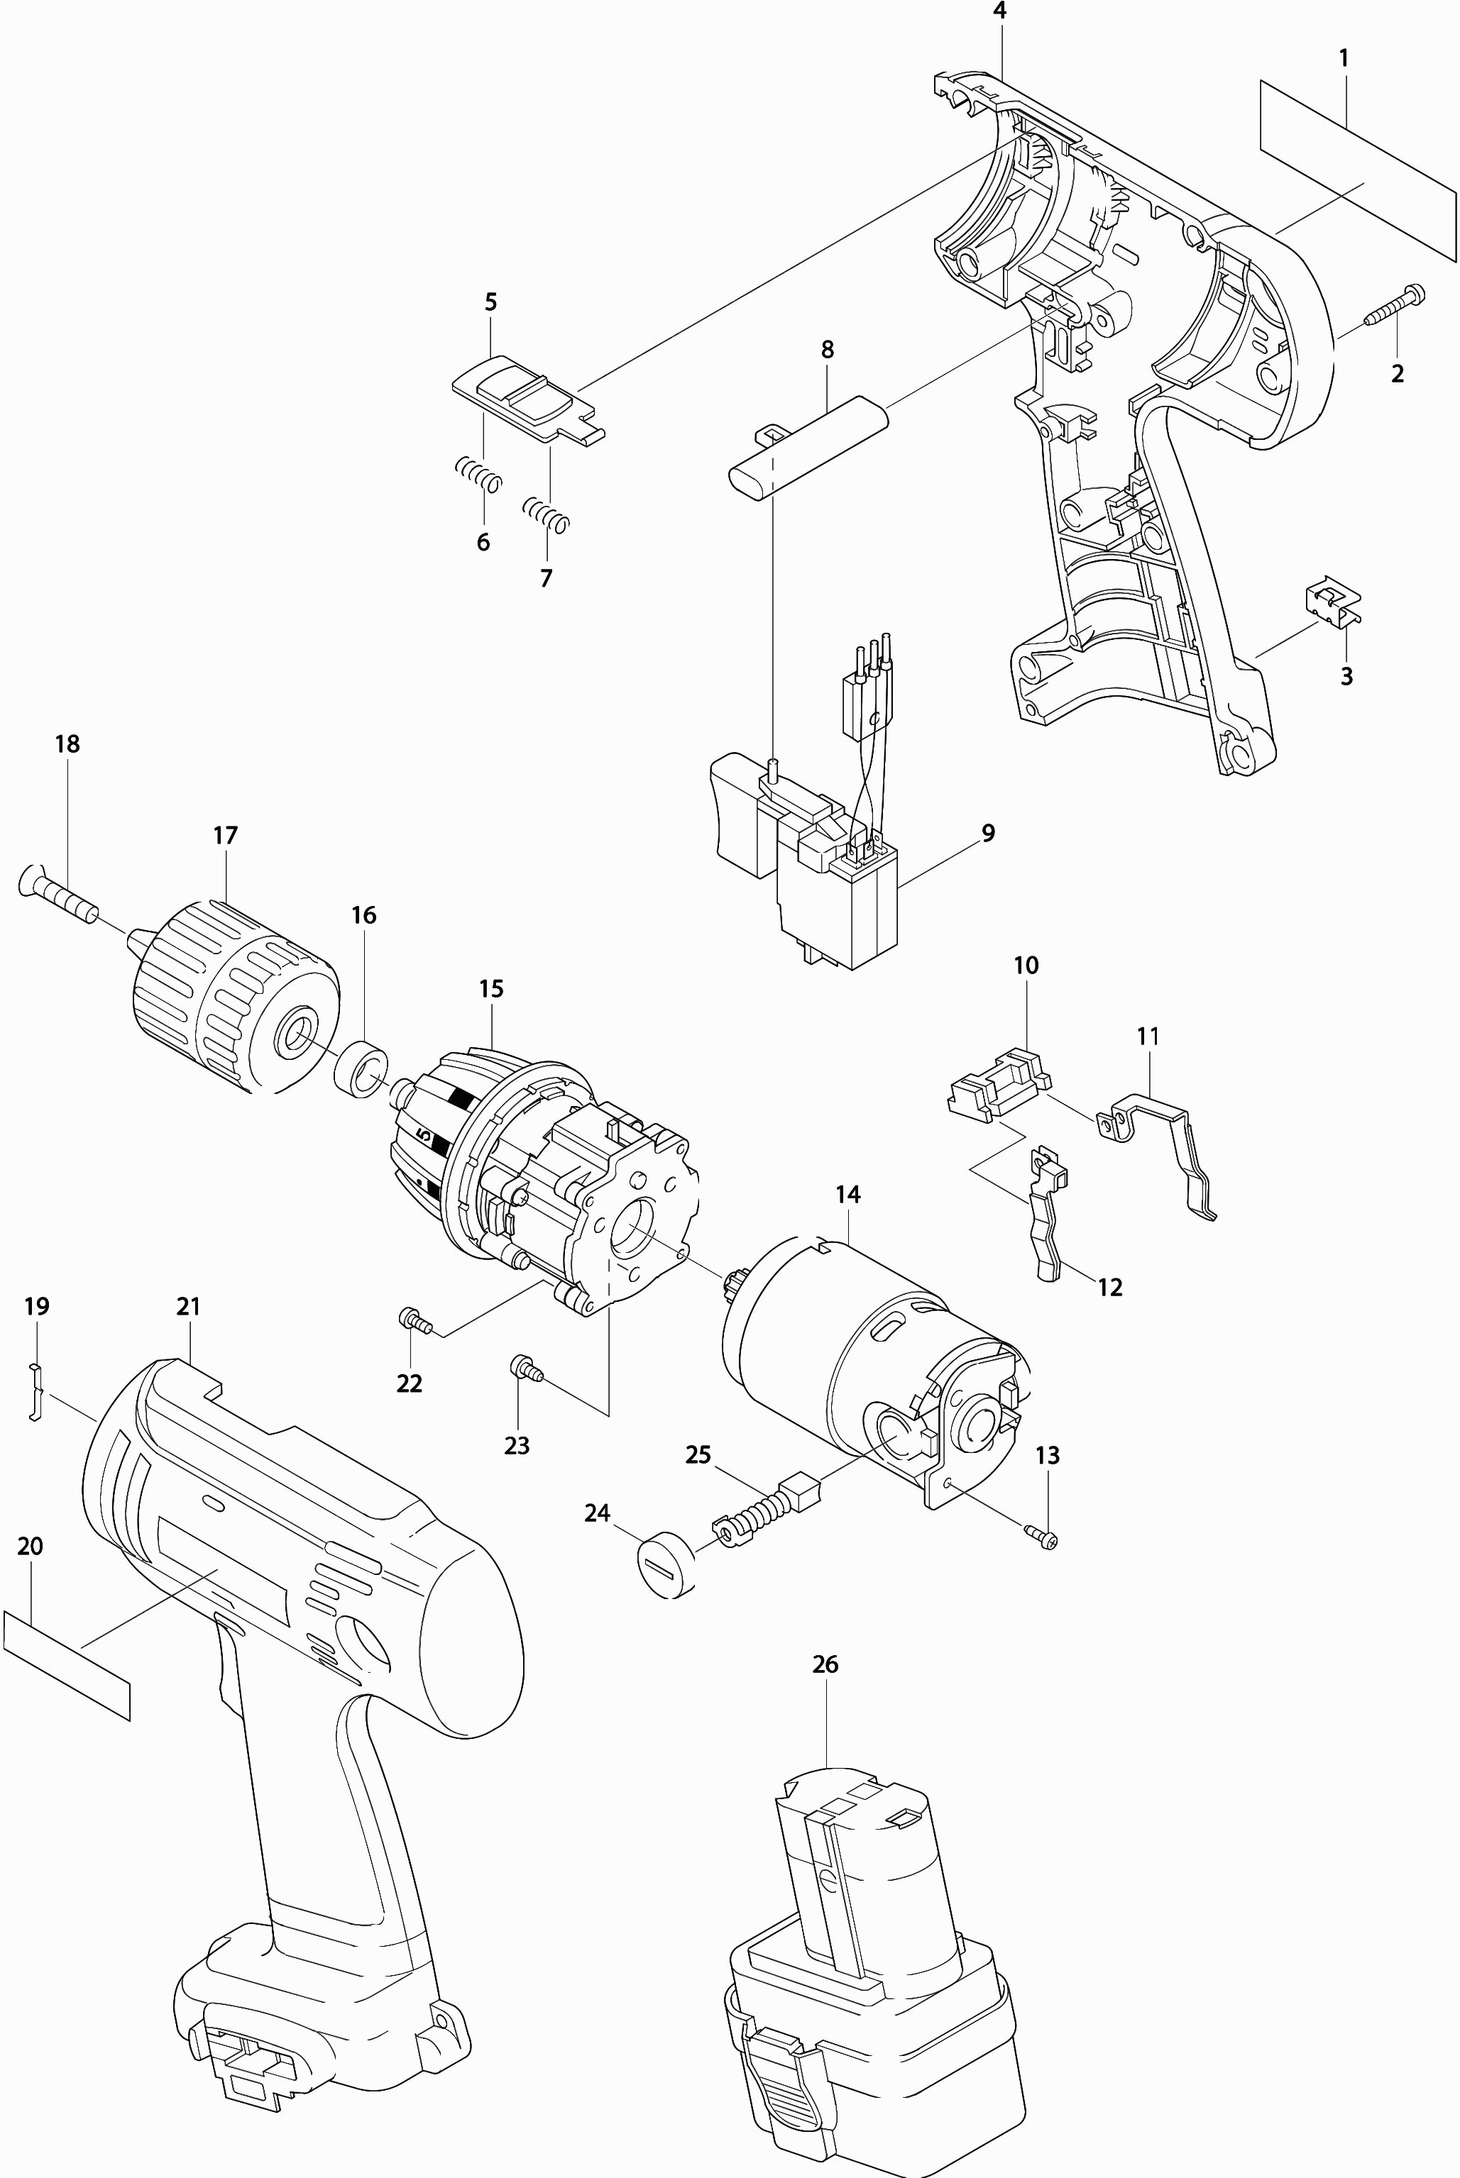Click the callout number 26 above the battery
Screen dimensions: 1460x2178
tap(825, 1663)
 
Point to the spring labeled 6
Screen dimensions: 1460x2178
tap(478, 475)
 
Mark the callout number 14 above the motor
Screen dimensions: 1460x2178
tap(847, 1193)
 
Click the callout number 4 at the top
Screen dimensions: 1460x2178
tap(1000, 11)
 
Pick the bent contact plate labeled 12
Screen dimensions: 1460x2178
tap(1048, 1214)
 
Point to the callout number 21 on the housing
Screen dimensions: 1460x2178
tap(188, 1306)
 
